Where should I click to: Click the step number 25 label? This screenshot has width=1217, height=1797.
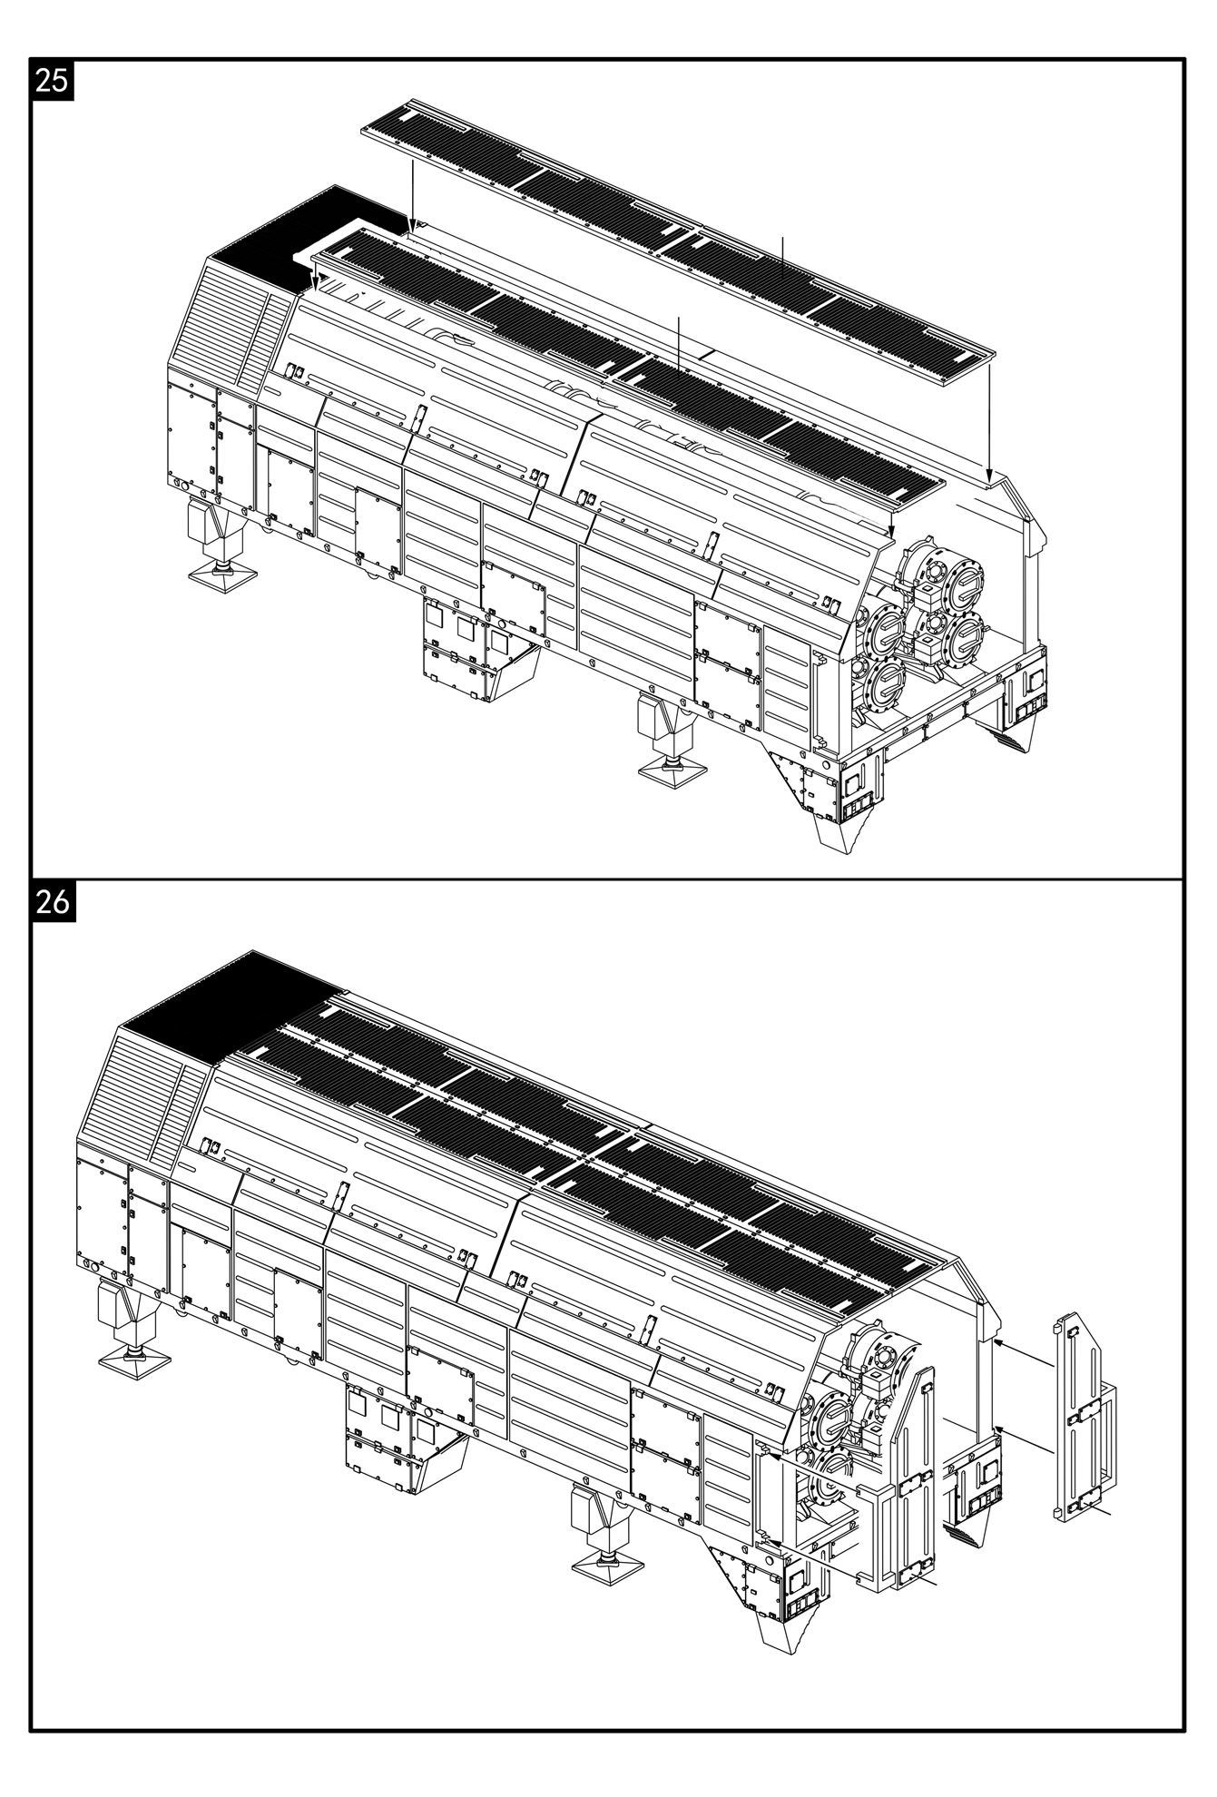pos(52,80)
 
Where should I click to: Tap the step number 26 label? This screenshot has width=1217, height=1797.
pos(52,902)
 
